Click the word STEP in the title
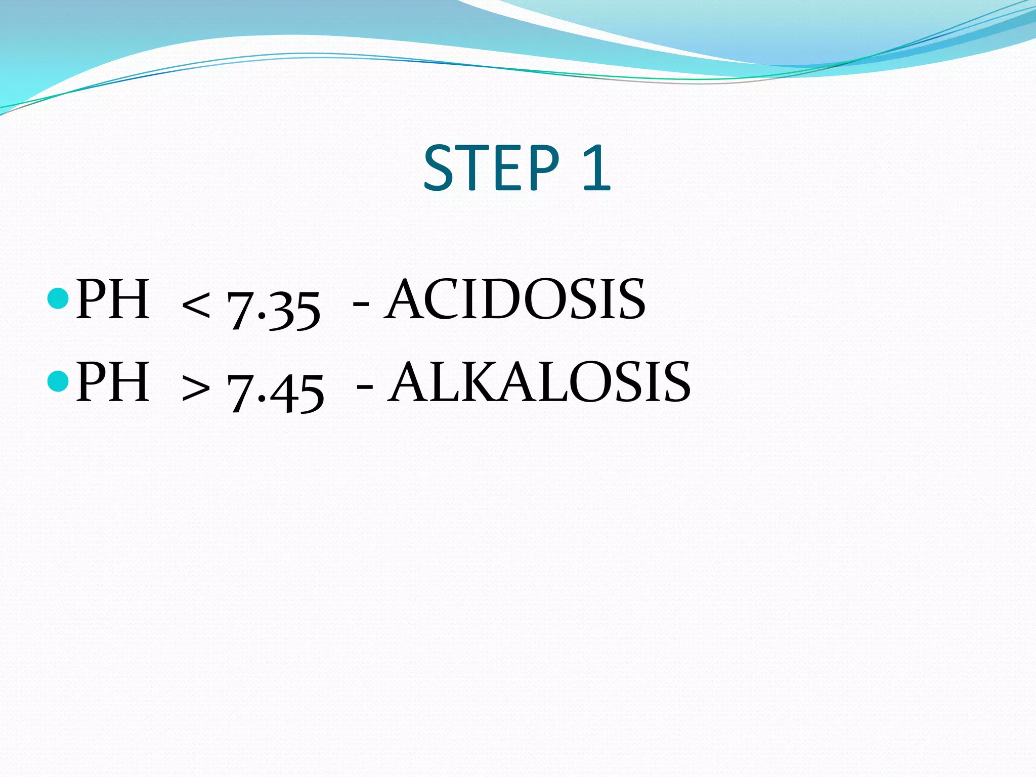click(x=491, y=168)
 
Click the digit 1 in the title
click(x=597, y=168)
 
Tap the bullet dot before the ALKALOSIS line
click(x=58, y=381)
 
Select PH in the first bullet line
click(x=112, y=299)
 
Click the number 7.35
click(x=274, y=309)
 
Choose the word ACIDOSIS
click(x=514, y=299)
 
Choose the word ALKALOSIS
click(x=539, y=382)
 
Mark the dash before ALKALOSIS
click(x=365, y=387)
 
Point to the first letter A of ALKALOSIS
click(x=409, y=382)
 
